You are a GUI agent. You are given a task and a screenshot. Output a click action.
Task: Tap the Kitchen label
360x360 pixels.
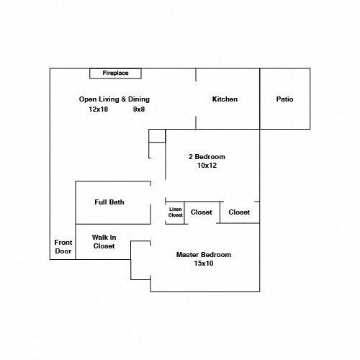tap(225, 99)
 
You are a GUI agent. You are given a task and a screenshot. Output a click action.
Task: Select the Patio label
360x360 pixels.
tap(284, 99)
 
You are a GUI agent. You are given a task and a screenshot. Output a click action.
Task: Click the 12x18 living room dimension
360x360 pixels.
tap(99, 109)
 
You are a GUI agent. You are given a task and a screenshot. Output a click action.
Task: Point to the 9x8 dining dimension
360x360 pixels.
tap(139, 109)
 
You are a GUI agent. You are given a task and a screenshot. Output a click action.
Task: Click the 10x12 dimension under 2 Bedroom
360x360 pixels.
tap(207, 166)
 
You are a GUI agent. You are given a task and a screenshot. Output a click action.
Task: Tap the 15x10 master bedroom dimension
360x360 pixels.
tap(204, 264)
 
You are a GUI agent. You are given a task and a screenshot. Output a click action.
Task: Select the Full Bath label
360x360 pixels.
tap(109, 202)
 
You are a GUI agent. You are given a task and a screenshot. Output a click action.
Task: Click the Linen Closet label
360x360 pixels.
tap(176, 212)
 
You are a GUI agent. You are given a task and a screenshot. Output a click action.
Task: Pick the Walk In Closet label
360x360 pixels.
tap(104, 242)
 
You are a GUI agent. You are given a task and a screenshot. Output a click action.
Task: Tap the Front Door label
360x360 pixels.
tap(63, 247)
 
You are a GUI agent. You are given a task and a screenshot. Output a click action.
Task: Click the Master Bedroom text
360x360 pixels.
tap(204, 255)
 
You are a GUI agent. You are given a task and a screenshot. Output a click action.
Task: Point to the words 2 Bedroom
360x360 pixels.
tap(207, 157)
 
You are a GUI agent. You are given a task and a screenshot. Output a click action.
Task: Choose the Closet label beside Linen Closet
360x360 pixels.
tap(202, 212)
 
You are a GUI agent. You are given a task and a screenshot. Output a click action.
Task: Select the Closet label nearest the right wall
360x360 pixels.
tap(239, 212)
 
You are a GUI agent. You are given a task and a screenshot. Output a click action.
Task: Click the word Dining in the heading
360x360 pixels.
tap(139, 99)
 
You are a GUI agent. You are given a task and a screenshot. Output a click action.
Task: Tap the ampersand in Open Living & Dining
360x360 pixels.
tap(124, 99)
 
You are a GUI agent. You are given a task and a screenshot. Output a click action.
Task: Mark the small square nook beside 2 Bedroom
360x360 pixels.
tap(157, 136)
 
